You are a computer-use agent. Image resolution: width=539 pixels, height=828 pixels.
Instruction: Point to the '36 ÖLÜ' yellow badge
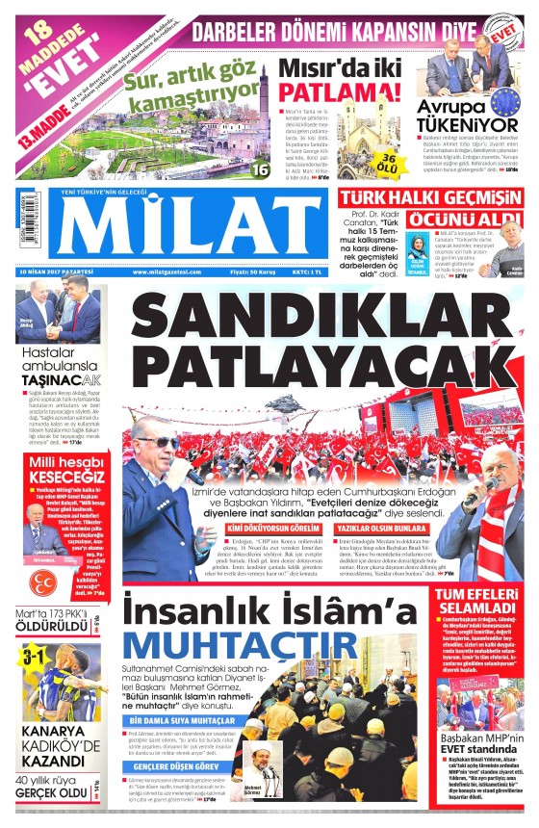(x=384, y=161)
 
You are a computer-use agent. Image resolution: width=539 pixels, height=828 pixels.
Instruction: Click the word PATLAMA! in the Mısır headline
(x=340, y=92)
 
